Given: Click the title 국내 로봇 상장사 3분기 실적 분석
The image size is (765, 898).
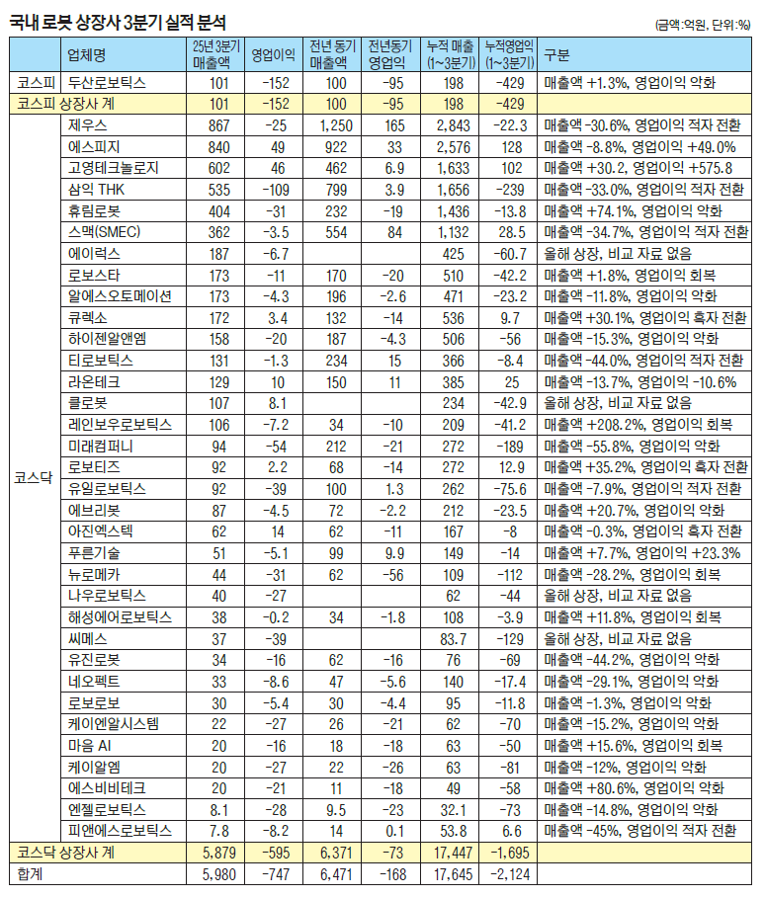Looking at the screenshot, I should (118, 21).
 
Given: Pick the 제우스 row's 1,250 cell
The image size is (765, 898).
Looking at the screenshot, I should (337, 126).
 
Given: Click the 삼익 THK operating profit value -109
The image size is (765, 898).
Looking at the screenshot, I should (278, 189).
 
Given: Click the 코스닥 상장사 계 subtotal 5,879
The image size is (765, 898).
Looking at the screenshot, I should (217, 852).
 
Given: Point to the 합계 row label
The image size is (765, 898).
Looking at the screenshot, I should (31, 873).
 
